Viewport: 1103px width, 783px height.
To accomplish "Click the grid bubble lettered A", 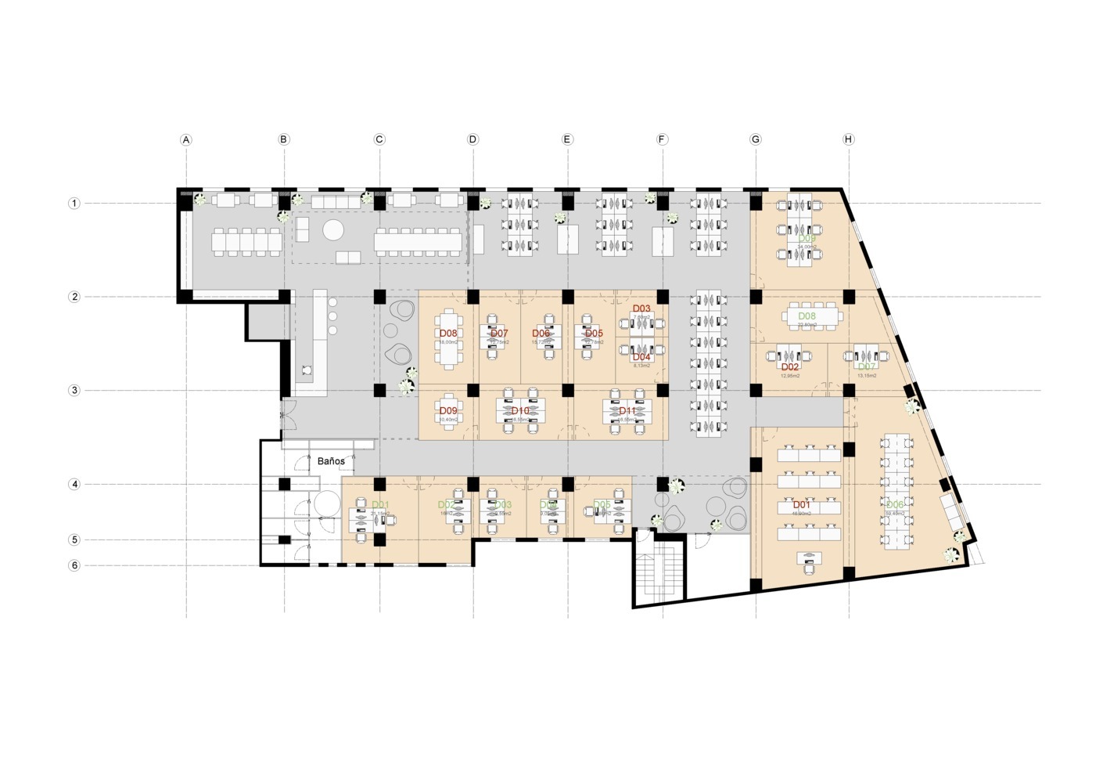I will click(186, 140).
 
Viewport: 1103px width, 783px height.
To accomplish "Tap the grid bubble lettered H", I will click(849, 139).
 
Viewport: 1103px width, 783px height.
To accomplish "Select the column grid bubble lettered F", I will click(662, 139).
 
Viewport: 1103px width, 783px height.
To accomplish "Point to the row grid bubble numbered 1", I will click(74, 204).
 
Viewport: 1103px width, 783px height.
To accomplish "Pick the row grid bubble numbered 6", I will click(74, 565).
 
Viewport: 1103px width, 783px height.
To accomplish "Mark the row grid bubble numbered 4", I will click(74, 485).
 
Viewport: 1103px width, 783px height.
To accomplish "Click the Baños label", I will click(331, 461).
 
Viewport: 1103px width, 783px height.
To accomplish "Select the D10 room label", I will click(520, 410).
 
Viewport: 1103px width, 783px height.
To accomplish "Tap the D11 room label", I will click(627, 410).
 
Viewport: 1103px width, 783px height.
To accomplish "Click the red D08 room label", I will click(448, 333).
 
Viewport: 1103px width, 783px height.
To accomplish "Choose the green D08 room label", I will click(807, 316).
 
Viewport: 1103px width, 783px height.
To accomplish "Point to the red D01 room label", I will click(802, 505).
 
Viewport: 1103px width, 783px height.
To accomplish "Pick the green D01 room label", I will click(380, 505).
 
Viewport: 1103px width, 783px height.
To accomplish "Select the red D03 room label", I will click(641, 309).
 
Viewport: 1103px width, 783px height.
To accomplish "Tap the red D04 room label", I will click(641, 357).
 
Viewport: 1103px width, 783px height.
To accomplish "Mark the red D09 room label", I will click(448, 410).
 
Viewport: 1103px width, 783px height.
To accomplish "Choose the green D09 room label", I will click(807, 239).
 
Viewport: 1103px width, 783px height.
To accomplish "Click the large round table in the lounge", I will click(333, 229).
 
